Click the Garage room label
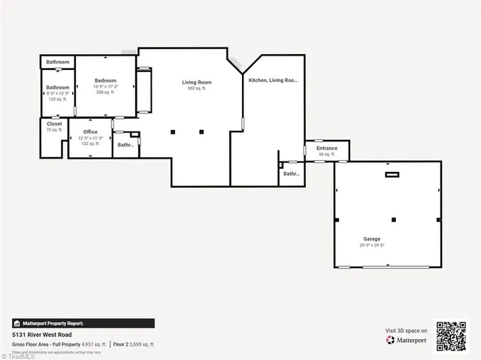tap(371, 239)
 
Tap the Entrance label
tap(326, 148)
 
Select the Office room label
tap(90, 132)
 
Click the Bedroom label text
tap(105, 80)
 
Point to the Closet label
tap(54, 124)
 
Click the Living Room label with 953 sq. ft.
tap(197, 82)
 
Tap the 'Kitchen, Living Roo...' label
tap(274, 80)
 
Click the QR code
tap(452, 336)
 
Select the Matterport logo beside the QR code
tap(407, 340)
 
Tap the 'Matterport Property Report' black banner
tap(83, 322)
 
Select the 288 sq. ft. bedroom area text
tap(105, 92)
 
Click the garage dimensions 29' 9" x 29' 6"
tap(371, 245)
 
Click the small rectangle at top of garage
tap(392, 175)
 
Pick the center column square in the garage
tap(393, 219)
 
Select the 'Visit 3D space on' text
tap(407, 330)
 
